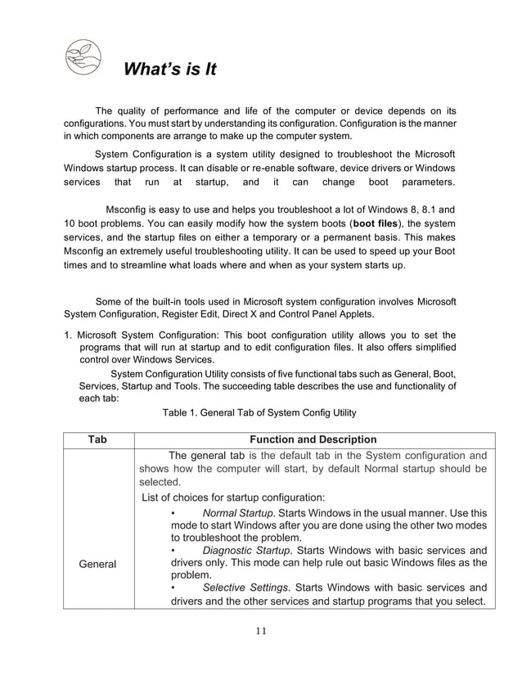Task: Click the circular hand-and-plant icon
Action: click(83, 57)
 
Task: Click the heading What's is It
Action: click(169, 70)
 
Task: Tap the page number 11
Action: click(260, 630)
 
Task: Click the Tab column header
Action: click(97, 439)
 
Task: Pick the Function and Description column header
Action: click(313, 439)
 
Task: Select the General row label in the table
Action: click(97, 564)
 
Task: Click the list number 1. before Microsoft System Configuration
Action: click(70, 335)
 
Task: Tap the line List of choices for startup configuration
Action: click(233, 497)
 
